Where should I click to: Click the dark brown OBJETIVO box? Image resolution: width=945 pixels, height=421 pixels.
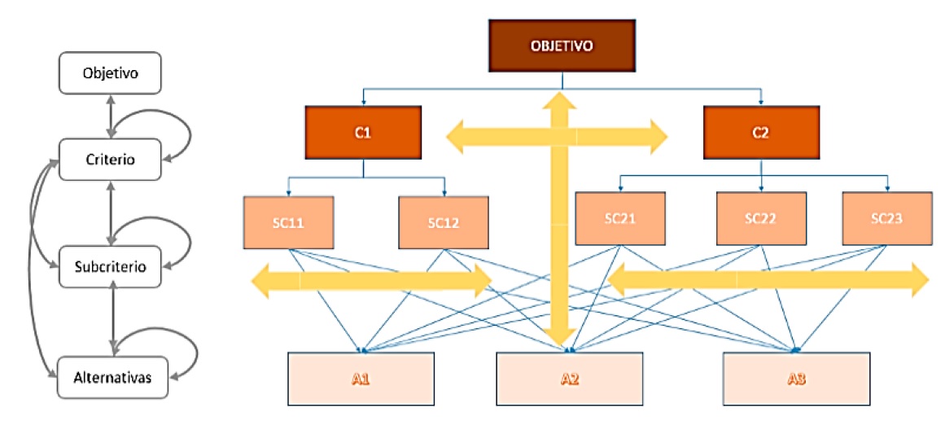point(562,46)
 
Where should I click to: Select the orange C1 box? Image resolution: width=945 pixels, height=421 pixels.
point(363,132)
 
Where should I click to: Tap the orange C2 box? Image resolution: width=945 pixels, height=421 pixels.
point(760,132)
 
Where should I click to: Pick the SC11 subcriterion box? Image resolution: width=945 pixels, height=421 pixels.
point(288,221)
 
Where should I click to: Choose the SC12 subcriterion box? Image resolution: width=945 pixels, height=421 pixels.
point(444,221)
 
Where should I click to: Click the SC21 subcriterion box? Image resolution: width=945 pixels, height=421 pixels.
point(620,217)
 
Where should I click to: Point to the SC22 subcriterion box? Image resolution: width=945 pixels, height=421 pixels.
point(761,217)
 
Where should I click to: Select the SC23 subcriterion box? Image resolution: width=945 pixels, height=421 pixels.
point(886,217)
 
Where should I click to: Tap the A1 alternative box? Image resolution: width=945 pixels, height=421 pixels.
point(361,379)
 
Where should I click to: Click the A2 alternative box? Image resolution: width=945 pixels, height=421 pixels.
point(570,379)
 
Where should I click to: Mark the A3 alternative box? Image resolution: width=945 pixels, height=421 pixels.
point(795,379)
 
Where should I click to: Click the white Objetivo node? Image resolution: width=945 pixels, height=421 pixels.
point(111,73)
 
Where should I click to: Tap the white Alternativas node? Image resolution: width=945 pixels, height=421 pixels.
point(111,377)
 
